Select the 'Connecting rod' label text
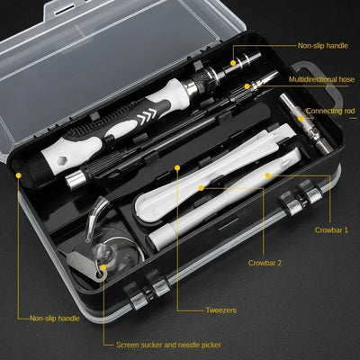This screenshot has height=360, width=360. click(330, 110)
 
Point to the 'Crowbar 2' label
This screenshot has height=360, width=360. click(265, 263)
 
